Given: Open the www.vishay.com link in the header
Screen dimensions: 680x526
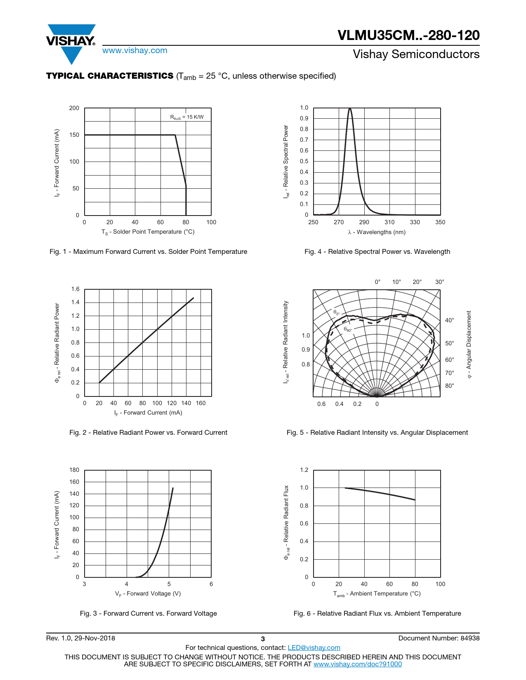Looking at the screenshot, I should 135,51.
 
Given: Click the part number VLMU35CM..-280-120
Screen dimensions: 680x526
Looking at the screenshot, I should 408,35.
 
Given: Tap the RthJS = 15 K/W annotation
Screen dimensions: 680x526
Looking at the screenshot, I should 187,117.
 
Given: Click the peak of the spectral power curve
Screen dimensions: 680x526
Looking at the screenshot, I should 350,109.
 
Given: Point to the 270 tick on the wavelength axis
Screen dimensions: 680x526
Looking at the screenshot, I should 339,222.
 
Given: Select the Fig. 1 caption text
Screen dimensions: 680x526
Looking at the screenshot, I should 148,252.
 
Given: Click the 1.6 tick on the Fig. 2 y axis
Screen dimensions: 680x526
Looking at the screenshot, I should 75,289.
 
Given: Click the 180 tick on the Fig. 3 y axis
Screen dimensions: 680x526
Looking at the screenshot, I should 74,470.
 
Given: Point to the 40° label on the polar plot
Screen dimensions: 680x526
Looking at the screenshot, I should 449,320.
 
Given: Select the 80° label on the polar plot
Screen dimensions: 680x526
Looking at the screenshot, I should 449,386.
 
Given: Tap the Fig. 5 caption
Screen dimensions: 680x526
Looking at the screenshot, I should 377,433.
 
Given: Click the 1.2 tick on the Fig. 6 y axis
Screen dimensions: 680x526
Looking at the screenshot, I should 304,470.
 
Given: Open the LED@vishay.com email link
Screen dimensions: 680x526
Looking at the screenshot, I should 314,648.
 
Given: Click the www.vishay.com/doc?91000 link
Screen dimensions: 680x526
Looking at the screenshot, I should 357,664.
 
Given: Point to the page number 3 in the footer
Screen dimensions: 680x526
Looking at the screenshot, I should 263,639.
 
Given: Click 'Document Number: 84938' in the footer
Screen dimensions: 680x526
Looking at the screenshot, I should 439,638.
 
